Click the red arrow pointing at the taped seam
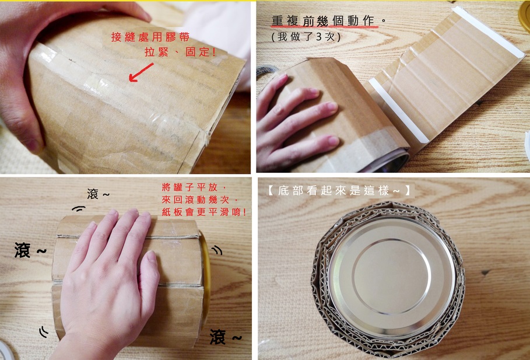pyautogui.click(x=141, y=72)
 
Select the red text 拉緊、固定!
pyautogui.click(x=180, y=52)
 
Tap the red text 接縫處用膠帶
pyautogui.click(x=150, y=37)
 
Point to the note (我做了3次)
pyautogui.click(x=306, y=37)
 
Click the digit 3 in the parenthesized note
pyautogui.click(x=319, y=37)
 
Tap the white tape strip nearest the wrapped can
pyautogui.click(x=394, y=110)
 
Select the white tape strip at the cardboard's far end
pyautogui.click(x=489, y=32)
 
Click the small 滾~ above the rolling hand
pyautogui.click(x=98, y=194)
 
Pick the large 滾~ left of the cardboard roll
pyautogui.click(x=30, y=250)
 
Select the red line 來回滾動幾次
pyautogui.click(x=200, y=200)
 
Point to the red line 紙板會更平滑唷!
pyautogui.click(x=204, y=212)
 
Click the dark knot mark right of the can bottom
pyautogui.click(x=486, y=272)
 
